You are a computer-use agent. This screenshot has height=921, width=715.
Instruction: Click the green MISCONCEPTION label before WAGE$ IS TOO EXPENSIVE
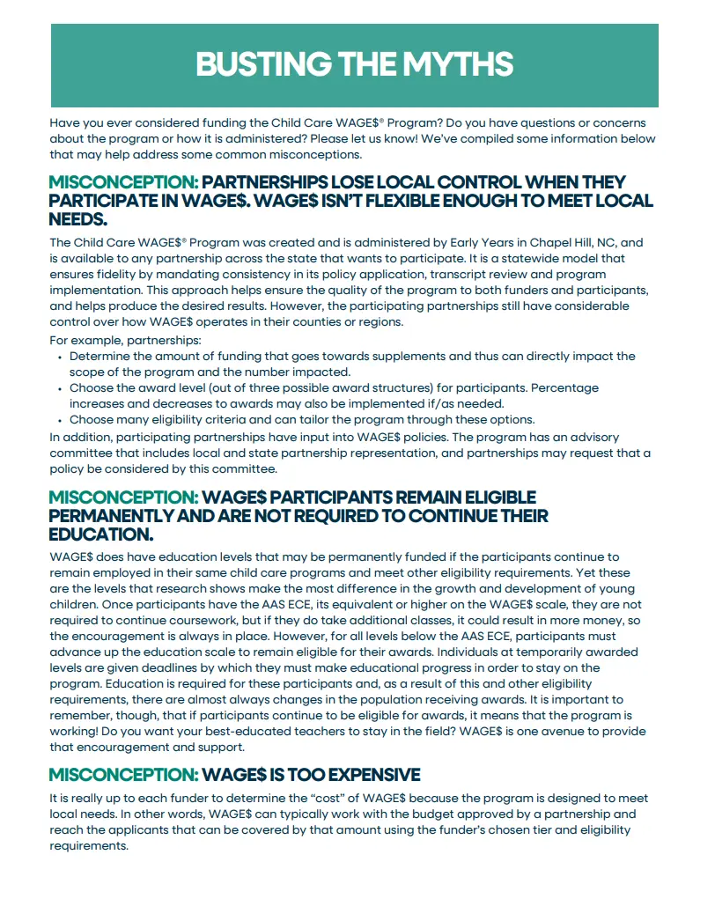click(123, 775)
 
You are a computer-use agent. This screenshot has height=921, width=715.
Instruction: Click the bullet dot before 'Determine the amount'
click(60, 357)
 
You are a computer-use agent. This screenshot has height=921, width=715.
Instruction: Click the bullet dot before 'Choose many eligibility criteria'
click(60, 420)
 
